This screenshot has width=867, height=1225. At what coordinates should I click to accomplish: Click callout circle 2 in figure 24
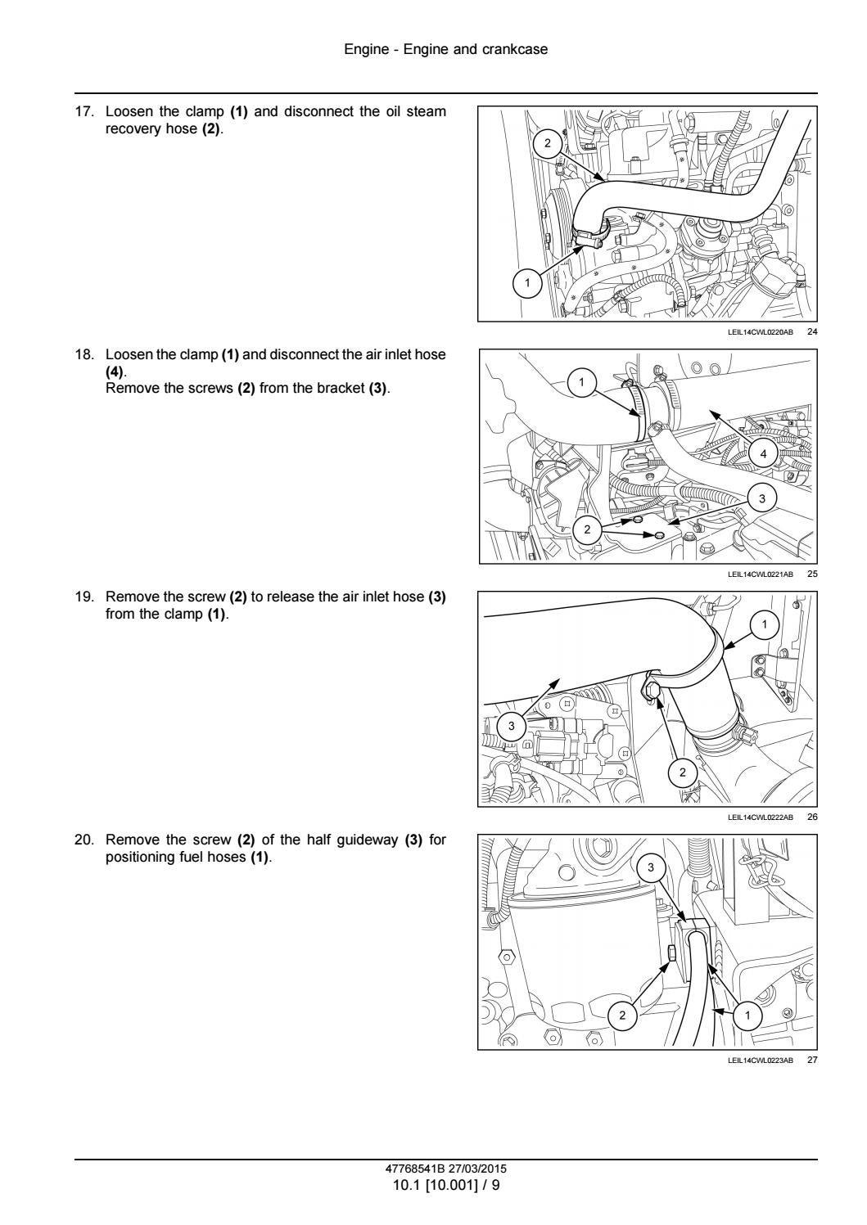tap(548, 144)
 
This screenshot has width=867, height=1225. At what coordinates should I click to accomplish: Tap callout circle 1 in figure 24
tap(527, 283)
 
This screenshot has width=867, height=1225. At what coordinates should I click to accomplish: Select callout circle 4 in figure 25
tap(763, 453)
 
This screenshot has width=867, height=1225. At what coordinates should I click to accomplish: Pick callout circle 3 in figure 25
tap(762, 498)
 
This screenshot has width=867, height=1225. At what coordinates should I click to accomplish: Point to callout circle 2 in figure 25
tap(588, 529)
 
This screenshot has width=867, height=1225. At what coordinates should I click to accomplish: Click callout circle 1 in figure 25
tap(581, 381)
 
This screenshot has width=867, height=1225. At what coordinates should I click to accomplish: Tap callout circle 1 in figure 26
tap(764, 624)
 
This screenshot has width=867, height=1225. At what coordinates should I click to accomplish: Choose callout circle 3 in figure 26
tap(512, 726)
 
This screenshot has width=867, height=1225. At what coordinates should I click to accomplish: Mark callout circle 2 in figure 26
tap(683, 772)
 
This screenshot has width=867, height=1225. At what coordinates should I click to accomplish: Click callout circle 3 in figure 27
tap(651, 867)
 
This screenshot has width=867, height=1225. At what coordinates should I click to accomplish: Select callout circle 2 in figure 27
tap(622, 1016)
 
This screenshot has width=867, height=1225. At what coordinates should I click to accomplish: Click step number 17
tap(85, 111)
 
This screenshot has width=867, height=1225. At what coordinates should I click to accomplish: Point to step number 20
tap(85, 840)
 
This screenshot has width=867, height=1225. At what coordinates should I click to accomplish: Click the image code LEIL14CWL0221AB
tap(760, 574)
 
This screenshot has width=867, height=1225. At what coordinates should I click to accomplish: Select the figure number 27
tap(812, 1060)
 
